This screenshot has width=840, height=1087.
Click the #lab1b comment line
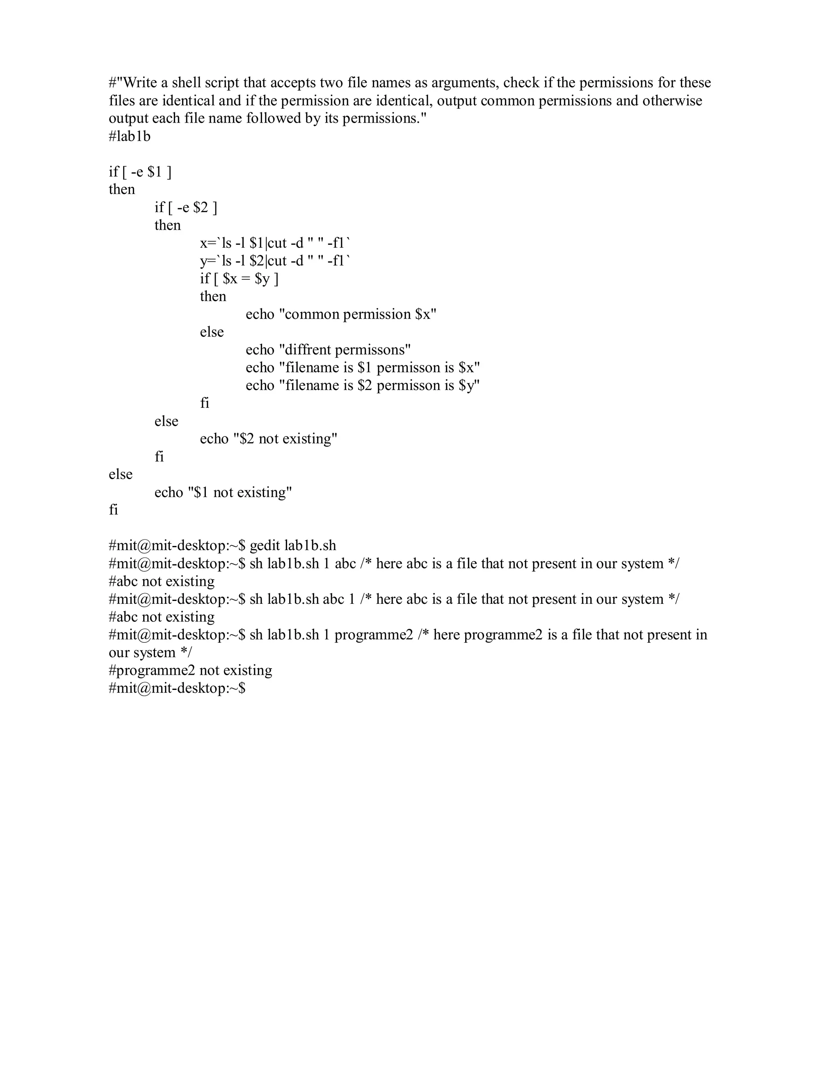pos(129,136)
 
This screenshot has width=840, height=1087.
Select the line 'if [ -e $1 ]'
pos(140,172)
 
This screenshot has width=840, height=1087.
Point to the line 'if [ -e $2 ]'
pos(186,207)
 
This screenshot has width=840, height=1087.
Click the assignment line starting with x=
pos(275,243)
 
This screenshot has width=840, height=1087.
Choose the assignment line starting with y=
pos(275,261)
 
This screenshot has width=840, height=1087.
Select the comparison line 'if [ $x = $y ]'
pos(239,279)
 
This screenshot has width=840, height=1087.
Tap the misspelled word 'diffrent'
pos(308,350)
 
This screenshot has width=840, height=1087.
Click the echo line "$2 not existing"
pos(269,439)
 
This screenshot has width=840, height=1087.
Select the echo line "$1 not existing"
pos(223,492)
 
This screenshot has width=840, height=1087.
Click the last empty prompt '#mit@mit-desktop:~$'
pos(177,688)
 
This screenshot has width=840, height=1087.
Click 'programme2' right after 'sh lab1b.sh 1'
pos(373,635)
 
